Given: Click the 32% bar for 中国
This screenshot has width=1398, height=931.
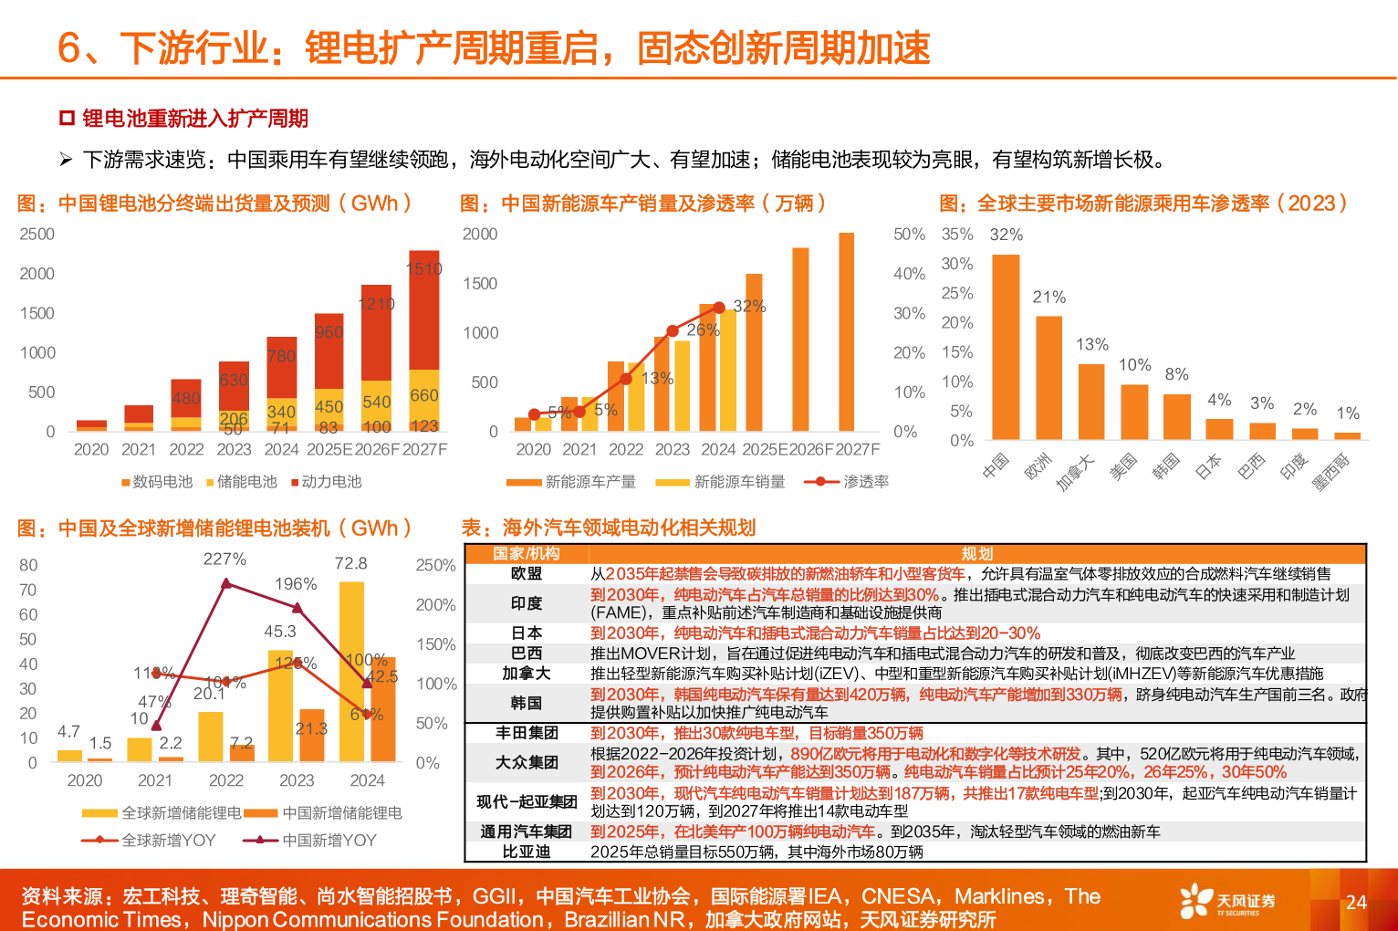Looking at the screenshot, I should (x=1006, y=347).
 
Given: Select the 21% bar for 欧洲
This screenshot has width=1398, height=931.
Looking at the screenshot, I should (x=1048, y=378).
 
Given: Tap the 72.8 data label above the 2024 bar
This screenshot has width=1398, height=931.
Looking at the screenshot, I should (x=351, y=563).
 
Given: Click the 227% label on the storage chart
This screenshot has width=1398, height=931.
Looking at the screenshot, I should (x=224, y=559).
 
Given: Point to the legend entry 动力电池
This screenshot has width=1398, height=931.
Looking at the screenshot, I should (x=331, y=481).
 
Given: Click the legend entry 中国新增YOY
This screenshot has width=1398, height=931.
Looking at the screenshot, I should (x=329, y=840).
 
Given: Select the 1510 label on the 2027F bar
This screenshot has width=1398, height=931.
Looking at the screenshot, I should (x=424, y=268).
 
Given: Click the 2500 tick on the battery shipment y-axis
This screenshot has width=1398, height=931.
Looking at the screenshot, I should (x=37, y=234).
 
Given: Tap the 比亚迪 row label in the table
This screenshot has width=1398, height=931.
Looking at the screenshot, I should (x=527, y=852).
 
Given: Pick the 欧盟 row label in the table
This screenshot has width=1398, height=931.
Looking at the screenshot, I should (x=527, y=573).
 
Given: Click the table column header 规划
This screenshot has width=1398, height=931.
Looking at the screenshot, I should (x=976, y=553).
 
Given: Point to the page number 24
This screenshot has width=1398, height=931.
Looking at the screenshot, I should (x=1356, y=902).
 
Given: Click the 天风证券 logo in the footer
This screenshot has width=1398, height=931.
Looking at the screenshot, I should (x=1227, y=901).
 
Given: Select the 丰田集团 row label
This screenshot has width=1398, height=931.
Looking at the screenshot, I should (x=527, y=733).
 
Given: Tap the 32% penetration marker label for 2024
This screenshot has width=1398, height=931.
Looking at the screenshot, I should (x=749, y=306).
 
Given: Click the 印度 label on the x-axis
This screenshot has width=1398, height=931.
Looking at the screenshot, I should (x=1293, y=466).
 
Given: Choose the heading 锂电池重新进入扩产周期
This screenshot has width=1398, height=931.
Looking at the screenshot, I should (x=195, y=119).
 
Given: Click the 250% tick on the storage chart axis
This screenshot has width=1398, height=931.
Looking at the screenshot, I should (x=435, y=565).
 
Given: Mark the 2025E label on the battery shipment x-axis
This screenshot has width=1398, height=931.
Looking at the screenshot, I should (x=329, y=449).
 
